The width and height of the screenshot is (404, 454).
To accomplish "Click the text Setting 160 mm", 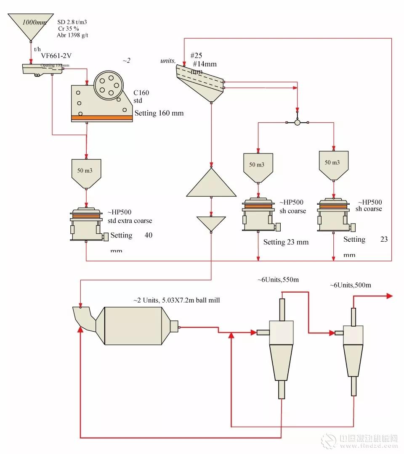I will pos(159,113).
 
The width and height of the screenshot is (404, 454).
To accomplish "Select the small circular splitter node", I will pos(297,122).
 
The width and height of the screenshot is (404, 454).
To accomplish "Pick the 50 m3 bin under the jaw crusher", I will pos(86,172).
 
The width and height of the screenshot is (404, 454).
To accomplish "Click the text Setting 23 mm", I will pos(286,242).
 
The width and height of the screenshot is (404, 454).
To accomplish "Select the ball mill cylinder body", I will pos(133,326).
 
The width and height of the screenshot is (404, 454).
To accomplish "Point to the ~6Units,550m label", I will pos(278,280).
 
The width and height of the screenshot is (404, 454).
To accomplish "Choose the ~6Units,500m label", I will pos(351,285).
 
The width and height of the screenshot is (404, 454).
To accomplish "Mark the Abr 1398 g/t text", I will pos(72,35).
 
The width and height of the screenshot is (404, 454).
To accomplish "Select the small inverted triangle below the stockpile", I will pos(211,223).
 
